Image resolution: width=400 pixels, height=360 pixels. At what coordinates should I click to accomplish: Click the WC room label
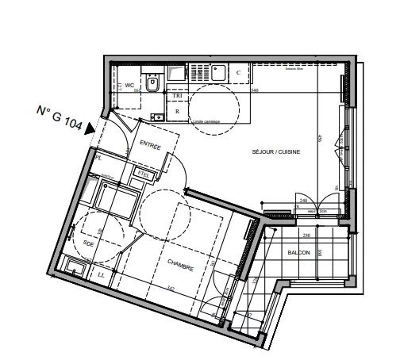coord(130,85)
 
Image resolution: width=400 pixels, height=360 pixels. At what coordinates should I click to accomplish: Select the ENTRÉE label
coord(150,146)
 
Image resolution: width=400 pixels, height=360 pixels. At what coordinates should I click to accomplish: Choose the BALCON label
coord(298,251)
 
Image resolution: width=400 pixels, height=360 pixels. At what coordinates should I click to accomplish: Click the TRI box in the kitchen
coord(178,95)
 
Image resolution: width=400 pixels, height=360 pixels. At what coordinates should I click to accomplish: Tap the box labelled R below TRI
coord(177,112)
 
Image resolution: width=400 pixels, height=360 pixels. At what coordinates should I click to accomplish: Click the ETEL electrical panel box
coord(144,171)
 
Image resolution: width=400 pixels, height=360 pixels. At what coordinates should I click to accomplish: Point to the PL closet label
coord(99,159)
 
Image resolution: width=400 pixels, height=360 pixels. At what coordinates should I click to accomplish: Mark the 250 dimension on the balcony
coord(304,236)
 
